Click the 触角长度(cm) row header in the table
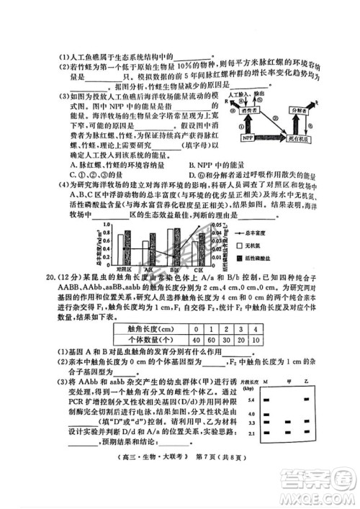[x=149, y=328]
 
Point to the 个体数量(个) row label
[x=149, y=339]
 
